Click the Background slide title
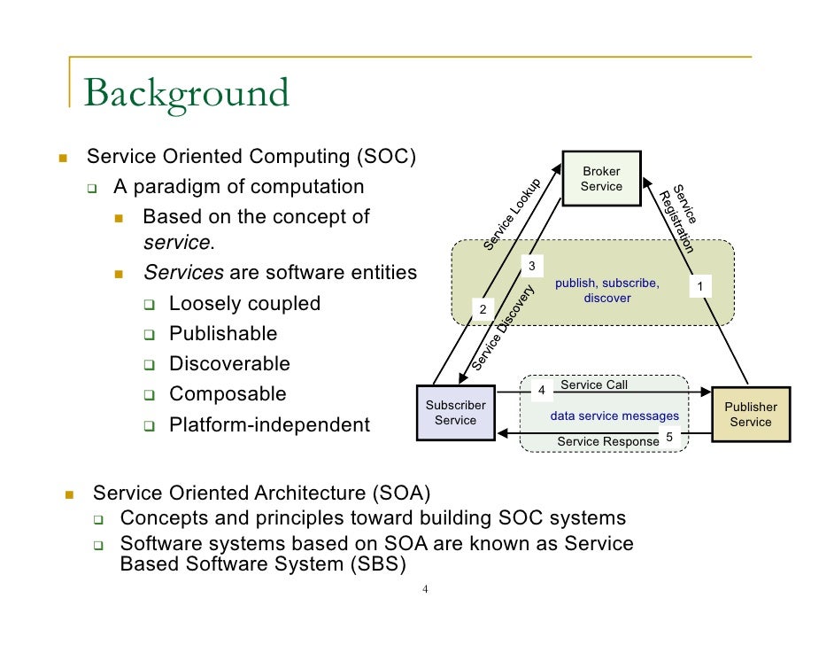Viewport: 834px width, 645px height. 187,93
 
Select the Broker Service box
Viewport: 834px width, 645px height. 601,178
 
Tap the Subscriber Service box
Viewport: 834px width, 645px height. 455,413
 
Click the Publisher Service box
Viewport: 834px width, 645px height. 751,415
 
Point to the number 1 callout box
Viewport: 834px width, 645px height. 700,286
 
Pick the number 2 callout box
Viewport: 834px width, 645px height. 483,309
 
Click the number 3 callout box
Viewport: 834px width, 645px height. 531,267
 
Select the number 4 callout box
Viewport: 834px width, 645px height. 541,391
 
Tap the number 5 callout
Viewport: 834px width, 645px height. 668,438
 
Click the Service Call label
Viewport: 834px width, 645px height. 594,385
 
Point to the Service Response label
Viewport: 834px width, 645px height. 607,441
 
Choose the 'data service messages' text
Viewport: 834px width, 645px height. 614,416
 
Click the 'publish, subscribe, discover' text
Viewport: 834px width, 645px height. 607,291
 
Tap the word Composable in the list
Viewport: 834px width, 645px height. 228,393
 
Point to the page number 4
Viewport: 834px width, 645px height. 425,590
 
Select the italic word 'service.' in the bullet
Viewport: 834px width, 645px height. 178,243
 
